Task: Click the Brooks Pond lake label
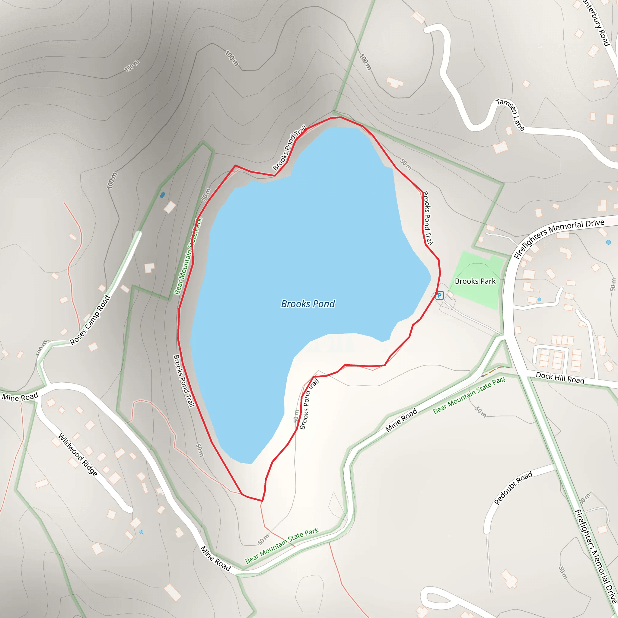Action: pyautogui.click(x=308, y=304)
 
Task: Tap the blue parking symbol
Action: pyautogui.click(x=440, y=295)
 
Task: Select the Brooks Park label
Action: pyautogui.click(x=475, y=281)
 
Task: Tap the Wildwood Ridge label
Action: pyautogui.click(x=78, y=455)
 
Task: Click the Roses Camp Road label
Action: pyautogui.click(x=90, y=320)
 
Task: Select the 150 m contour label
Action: pyautogui.click(x=132, y=65)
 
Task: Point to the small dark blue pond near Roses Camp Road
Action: pyautogui.click(x=163, y=195)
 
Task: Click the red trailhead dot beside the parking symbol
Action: pyautogui.click(x=436, y=293)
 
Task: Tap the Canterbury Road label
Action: pyautogui.click(x=597, y=22)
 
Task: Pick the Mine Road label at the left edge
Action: pyautogui.click(x=20, y=397)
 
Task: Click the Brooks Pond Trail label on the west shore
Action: pyautogui.click(x=184, y=381)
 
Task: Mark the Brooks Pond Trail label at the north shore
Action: pyautogui.click(x=289, y=148)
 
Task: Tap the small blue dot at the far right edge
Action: pyautogui.click(x=608, y=242)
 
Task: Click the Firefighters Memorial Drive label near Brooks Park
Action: pyautogui.click(x=559, y=237)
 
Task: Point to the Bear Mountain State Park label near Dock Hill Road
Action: pyautogui.click(x=469, y=395)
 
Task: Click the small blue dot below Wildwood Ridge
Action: pyautogui.click(x=142, y=532)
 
